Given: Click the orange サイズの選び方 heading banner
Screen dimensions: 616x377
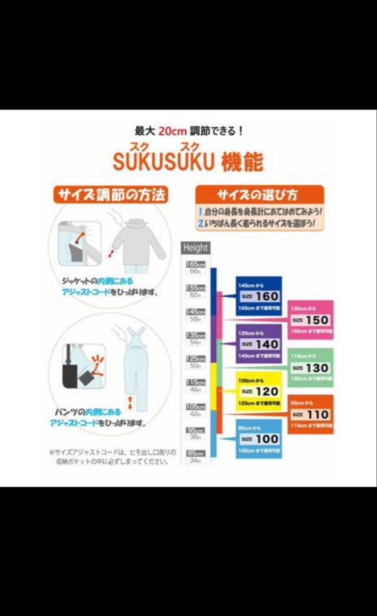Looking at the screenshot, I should pos(260,194).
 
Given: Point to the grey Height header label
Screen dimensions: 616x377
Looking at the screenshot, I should pos(196,248).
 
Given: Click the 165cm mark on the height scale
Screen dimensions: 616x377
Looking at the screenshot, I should pos(196,265).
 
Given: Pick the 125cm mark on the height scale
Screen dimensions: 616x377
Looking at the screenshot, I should pos(196,359).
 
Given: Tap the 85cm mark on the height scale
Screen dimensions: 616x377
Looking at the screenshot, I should pos(196,453).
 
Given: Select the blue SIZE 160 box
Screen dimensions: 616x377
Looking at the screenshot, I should pos(259,296).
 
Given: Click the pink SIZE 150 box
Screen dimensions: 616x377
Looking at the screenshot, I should pos(310,320).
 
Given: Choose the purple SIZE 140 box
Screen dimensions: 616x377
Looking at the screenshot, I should pos(259,344).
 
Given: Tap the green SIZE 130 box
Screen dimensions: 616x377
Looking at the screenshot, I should pos(310,368).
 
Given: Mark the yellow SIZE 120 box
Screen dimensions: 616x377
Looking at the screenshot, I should pos(259,391).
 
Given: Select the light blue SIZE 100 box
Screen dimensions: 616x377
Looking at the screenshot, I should pos(259,439).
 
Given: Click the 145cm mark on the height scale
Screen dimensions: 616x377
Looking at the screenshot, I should pos(196,312).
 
